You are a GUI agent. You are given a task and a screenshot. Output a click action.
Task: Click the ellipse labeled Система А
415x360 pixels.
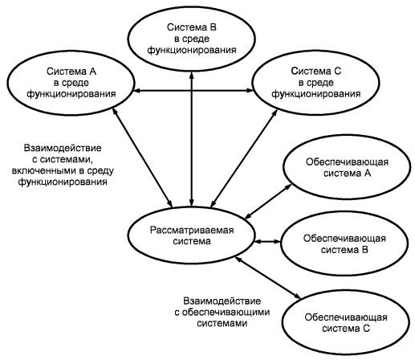coord(71,51)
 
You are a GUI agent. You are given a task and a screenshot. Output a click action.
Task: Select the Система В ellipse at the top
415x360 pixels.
coord(191,7)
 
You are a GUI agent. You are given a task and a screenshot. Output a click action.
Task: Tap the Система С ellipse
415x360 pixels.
coord(315,51)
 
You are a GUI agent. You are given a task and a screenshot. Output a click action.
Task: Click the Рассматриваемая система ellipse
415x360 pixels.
coord(191,207)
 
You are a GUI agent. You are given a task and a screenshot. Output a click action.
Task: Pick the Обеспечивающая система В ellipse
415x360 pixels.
coord(344,212)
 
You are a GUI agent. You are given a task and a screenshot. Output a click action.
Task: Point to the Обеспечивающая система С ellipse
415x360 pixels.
coord(346,291)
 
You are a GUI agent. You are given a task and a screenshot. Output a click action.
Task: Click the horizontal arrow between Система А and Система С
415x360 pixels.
coord(193,91)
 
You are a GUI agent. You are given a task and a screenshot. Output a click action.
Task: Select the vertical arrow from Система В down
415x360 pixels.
coord(191,139)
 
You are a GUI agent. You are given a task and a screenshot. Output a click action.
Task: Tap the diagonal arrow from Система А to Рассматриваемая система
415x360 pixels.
coord(142,157)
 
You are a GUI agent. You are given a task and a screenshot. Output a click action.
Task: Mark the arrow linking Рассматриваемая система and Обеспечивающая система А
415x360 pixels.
coord(269,201)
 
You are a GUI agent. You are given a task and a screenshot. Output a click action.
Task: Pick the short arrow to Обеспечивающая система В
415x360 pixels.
coord(267,242)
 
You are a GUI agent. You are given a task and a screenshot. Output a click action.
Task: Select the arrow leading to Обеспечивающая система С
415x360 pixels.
coord(268,277)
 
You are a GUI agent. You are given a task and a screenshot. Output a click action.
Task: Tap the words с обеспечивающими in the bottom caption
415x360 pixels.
coord(222,313)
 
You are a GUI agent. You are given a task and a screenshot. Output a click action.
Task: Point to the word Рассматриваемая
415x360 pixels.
coord(192,230)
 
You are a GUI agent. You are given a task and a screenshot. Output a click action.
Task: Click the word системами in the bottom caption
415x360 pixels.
coord(222,324)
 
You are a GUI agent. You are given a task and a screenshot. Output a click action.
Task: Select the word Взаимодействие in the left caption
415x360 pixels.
coord(63,148)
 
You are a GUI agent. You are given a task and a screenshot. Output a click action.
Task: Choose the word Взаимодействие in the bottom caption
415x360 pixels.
coord(222,301)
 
